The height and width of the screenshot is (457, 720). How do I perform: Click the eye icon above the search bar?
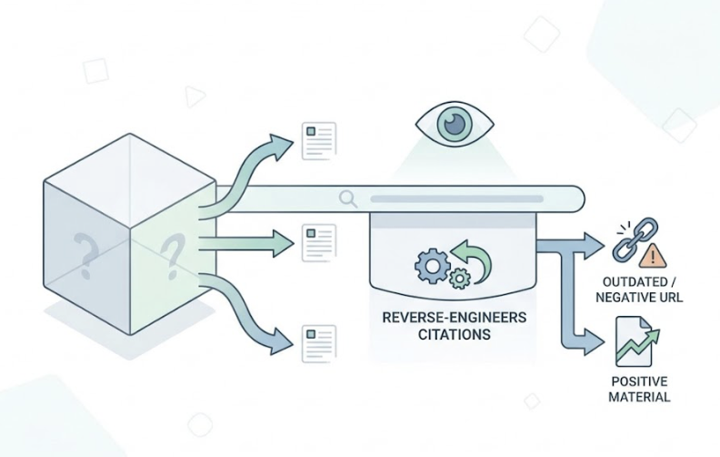455,124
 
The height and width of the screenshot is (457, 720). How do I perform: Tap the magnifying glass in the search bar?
347,198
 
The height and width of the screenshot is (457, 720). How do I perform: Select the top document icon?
319,140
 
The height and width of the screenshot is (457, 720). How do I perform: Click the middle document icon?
319,243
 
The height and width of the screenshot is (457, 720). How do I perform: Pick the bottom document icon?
319,343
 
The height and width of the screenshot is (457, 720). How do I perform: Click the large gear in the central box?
430,265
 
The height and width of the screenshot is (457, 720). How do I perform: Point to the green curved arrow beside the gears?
474,258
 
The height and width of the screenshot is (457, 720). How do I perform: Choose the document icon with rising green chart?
636,340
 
